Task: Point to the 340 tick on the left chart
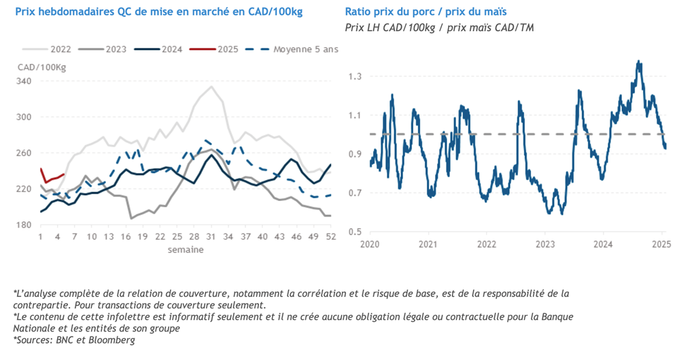coord(23,82)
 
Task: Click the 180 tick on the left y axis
coord(23,225)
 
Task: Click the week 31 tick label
coord(211,237)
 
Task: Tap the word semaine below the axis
coord(185,249)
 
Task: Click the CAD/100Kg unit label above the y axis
coord(42,67)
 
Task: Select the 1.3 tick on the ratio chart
coord(357,76)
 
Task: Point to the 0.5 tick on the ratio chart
coord(357,232)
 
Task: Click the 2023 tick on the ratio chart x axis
coord(544,244)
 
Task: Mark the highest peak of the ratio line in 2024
coord(639,61)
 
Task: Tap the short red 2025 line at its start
coord(41,169)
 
